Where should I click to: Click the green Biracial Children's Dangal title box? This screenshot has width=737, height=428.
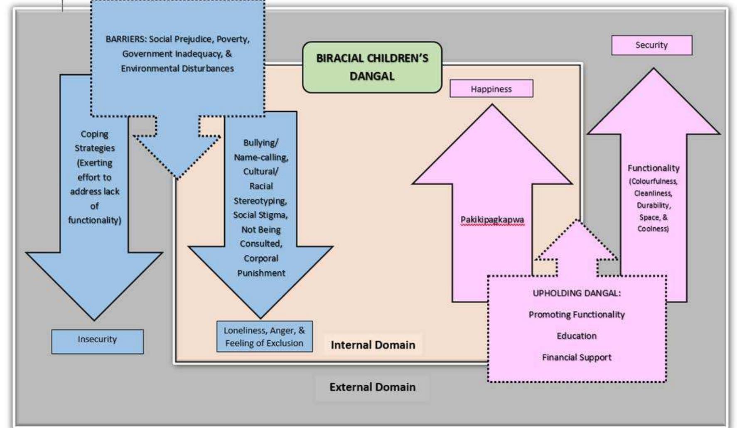click(x=372, y=67)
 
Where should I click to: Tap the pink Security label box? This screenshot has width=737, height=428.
click(x=651, y=45)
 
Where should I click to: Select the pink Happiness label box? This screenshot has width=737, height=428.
click(x=491, y=89)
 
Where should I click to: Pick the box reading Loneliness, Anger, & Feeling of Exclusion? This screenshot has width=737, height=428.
click(x=264, y=337)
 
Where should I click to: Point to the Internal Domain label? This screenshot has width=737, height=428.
click(x=373, y=345)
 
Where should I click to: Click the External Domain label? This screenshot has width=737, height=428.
click(x=372, y=387)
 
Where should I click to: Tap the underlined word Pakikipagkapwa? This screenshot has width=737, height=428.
click(x=492, y=219)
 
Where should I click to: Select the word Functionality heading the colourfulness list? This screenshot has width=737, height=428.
click(x=653, y=168)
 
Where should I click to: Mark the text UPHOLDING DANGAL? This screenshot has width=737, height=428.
click(x=576, y=293)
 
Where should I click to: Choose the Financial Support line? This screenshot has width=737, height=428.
click(x=576, y=357)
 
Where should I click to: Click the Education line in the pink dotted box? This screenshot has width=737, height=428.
click(x=576, y=336)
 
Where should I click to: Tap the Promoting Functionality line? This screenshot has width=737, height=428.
click(x=576, y=315)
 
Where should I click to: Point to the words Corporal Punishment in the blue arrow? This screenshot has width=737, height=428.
click(x=261, y=266)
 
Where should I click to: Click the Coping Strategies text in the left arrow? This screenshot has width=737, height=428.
click(x=95, y=141)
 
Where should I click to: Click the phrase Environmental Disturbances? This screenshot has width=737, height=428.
click(x=177, y=68)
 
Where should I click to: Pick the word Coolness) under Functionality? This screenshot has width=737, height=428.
click(x=653, y=229)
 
